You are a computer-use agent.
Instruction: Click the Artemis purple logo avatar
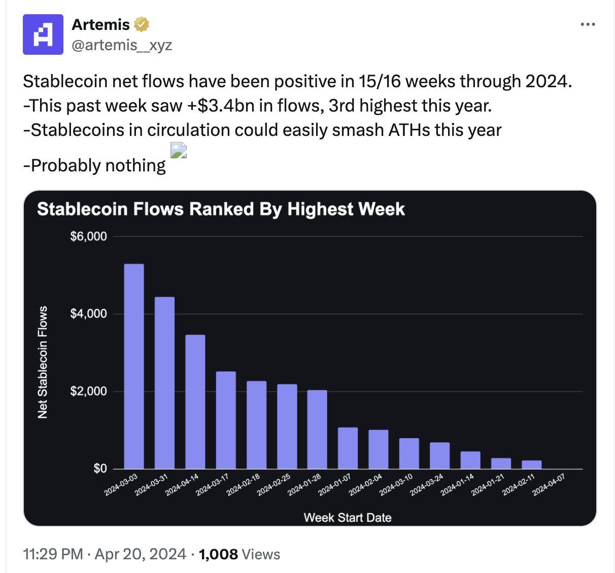(43, 34)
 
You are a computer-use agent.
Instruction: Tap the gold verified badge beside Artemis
(141, 24)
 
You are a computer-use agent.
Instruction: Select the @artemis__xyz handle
(122, 45)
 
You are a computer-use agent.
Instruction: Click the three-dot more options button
(588, 24)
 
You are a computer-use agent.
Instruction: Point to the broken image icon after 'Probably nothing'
(179, 151)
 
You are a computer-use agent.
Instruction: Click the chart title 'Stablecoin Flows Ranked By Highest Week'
(221, 209)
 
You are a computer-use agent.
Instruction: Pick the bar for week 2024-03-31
(164, 383)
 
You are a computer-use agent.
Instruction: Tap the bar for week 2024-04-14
(195, 402)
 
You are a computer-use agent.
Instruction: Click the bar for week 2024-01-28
(317, 429)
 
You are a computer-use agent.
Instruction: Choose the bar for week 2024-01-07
(348, 448)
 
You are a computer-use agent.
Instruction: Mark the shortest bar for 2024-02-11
(531, 464)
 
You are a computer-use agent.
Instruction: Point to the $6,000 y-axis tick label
(88, 236)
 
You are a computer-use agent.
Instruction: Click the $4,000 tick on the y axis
(88, 314)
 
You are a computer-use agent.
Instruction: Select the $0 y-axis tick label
(100, 469)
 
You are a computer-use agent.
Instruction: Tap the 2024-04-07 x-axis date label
(548, 484)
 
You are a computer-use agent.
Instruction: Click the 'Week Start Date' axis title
(348, 517)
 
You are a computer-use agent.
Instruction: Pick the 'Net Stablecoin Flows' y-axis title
(43, 362)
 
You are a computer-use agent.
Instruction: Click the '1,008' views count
(218, 554)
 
